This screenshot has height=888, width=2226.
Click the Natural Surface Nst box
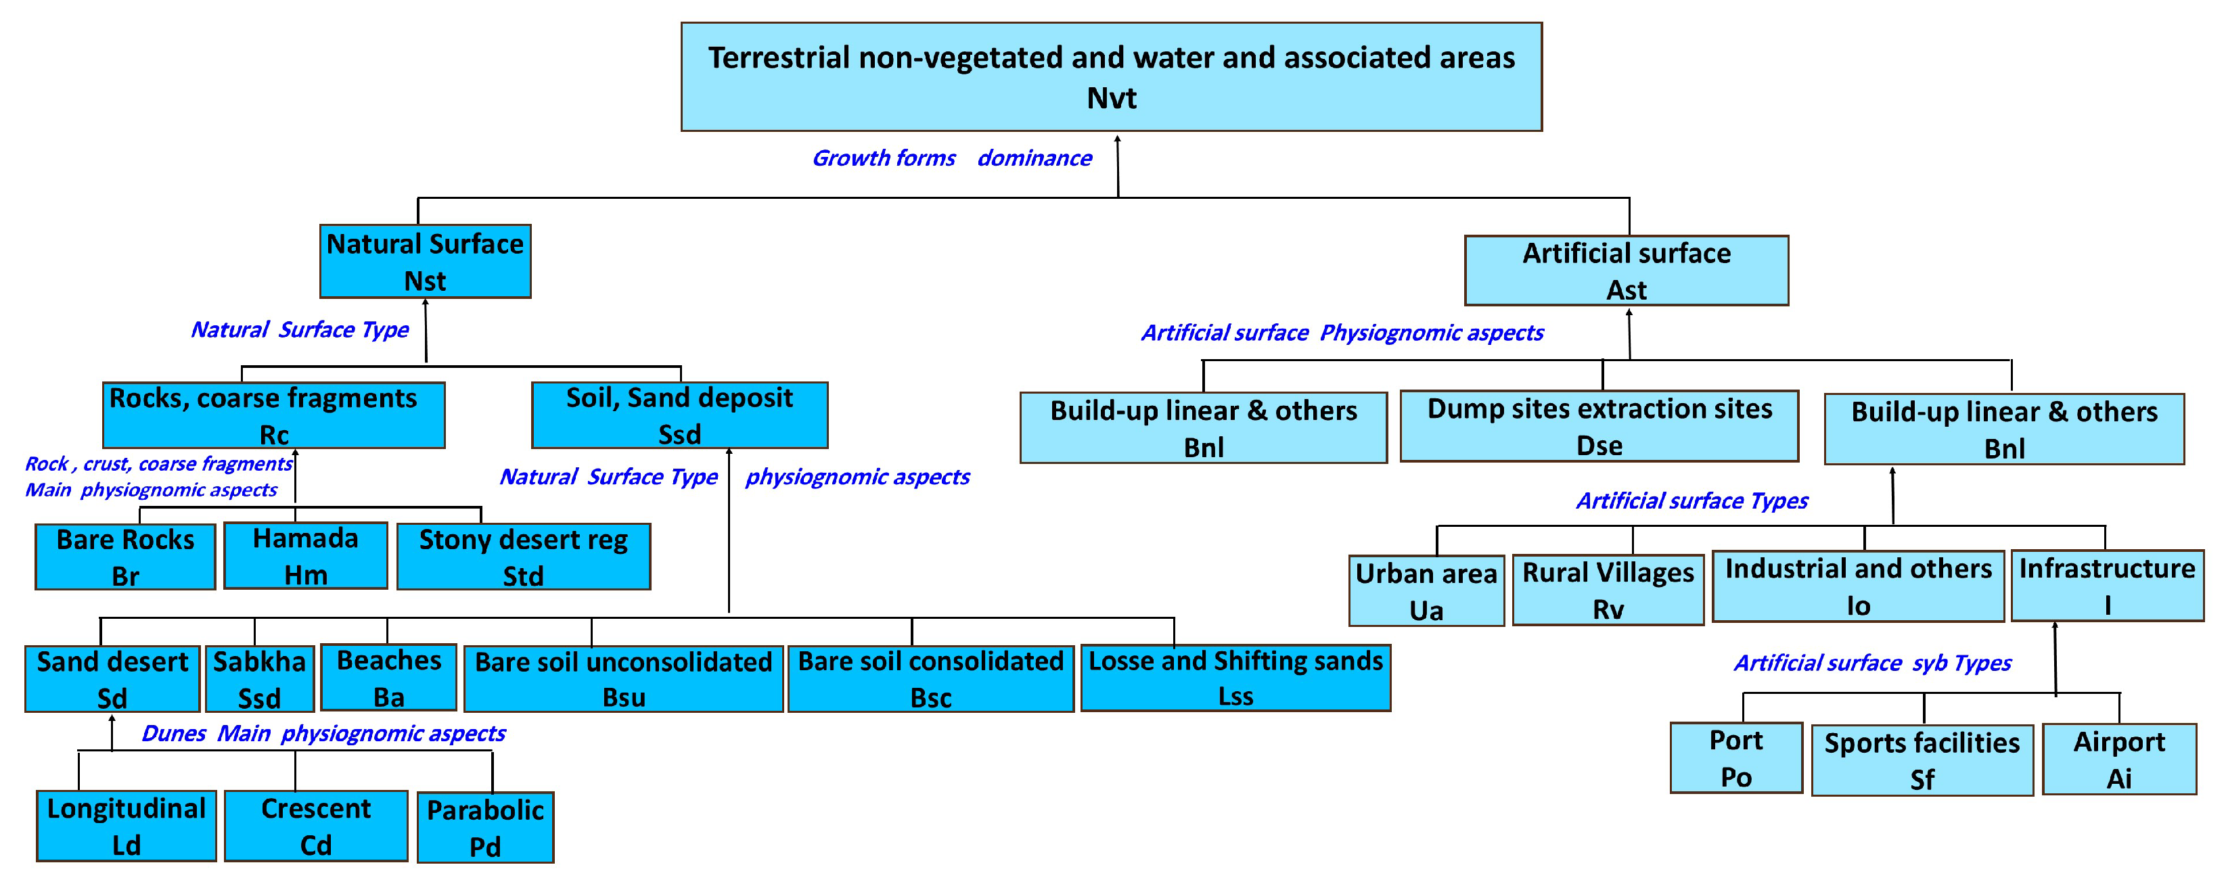point(425,262)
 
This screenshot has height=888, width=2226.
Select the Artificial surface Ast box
point(1627,271)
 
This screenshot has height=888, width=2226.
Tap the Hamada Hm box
point(305,557)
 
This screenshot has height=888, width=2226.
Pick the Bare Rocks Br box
point(125,557)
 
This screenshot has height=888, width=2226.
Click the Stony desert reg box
point(523,557)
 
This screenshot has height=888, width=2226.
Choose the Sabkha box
point(259,679)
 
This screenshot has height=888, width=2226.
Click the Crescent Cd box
point(315,826)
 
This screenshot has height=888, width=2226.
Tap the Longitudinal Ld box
point(126,826)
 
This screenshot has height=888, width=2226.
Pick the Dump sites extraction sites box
point(1599,426)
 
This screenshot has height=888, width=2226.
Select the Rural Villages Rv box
point(1608,590)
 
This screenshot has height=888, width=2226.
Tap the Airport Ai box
point(2119,760)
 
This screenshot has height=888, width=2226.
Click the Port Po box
point(1735,757)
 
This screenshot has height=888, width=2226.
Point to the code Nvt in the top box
point(1111,99)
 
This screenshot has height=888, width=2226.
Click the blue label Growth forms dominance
point(951,158)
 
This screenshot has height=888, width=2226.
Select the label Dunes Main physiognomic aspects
point(323,733)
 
